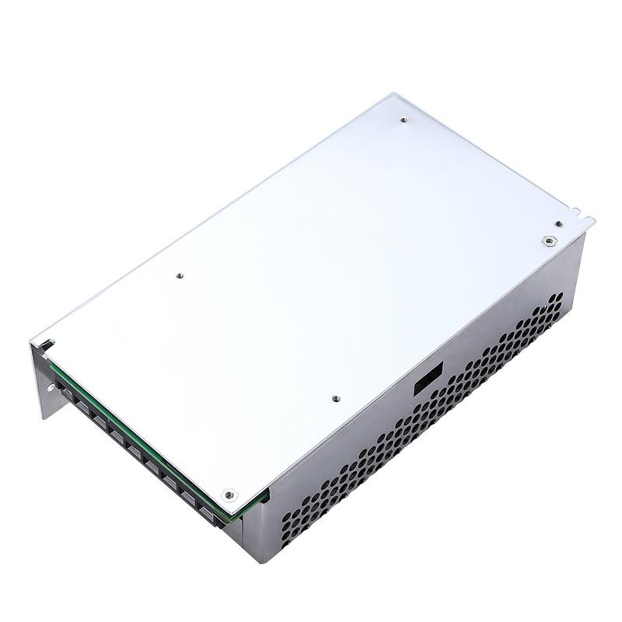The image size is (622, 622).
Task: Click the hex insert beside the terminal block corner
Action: (x=229, y=493)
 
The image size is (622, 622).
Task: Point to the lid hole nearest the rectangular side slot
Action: (x=336, y=398)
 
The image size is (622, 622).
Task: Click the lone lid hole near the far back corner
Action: (x=403, y=120)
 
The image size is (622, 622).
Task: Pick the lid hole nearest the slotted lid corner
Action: (x=178, y=274)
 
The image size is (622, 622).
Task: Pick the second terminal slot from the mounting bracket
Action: (x=83, y=408)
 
